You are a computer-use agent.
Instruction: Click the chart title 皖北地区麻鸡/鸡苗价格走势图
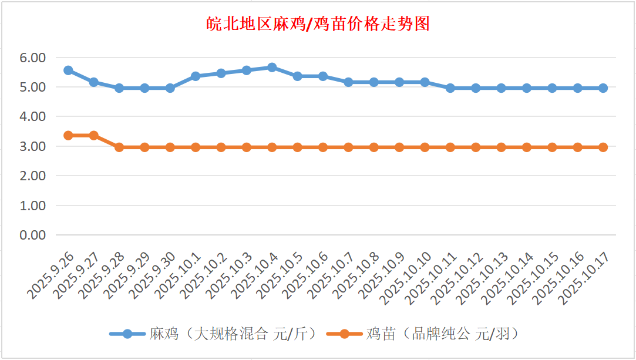coord(318,24)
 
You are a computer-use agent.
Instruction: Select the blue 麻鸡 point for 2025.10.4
coord(272,68)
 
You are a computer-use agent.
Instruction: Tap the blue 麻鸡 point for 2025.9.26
coord(68,70)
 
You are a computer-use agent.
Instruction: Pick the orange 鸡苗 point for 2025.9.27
coord(93,136)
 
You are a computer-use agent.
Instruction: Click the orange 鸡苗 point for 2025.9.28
coord(119,147)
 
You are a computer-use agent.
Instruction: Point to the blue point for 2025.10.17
coord(603,88)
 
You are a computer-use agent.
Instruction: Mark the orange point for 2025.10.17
coord(603,147)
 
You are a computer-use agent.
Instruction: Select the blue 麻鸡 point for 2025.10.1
coord(196,76)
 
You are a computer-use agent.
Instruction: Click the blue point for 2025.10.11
coord(450,88)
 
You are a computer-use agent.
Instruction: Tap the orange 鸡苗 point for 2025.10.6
coord(323,147)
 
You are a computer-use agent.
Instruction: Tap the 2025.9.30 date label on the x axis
coord(152,275)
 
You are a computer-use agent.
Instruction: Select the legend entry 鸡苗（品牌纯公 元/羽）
coord(442,334)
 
